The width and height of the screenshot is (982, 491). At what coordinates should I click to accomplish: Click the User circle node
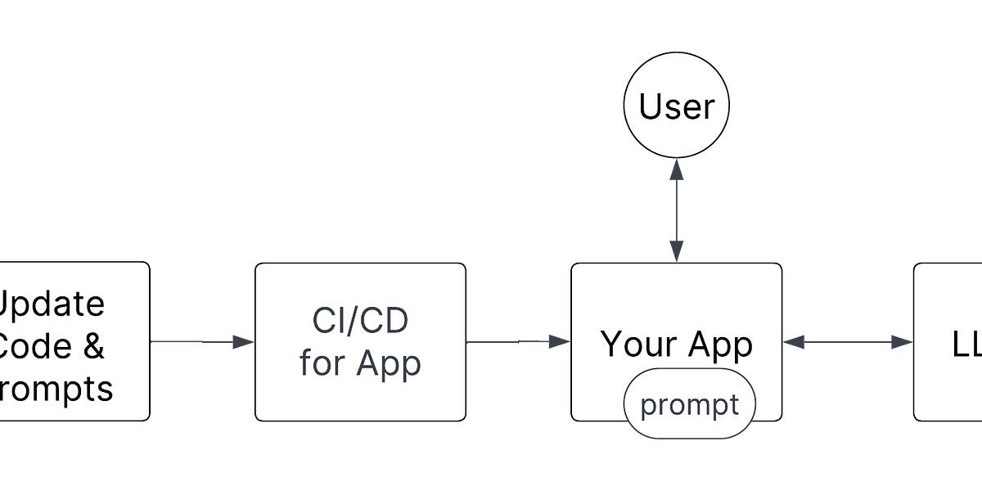coord(676,107)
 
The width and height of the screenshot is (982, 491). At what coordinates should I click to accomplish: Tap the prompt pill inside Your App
coord(689,403)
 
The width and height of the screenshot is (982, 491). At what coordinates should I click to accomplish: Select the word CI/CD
coord(360,322)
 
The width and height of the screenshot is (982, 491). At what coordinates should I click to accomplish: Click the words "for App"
coord(360,363)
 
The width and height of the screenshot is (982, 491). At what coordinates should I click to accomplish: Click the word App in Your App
coord(718,345)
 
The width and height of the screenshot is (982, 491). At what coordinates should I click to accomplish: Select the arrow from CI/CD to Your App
coord(518,342)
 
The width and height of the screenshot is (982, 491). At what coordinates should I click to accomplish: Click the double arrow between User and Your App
coord(676,211)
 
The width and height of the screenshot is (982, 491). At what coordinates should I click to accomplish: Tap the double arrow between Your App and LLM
coord(847,342)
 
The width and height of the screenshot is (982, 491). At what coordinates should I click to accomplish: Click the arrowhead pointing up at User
coord(676,169)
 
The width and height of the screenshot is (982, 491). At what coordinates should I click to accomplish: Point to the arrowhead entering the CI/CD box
coord(244,342)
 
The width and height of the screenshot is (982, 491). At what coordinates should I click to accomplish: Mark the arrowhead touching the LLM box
coord(903,342)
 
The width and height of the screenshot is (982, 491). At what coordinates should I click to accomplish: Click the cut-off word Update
coord(51,304)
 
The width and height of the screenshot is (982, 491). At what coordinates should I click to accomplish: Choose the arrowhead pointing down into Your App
coord(676,253)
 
